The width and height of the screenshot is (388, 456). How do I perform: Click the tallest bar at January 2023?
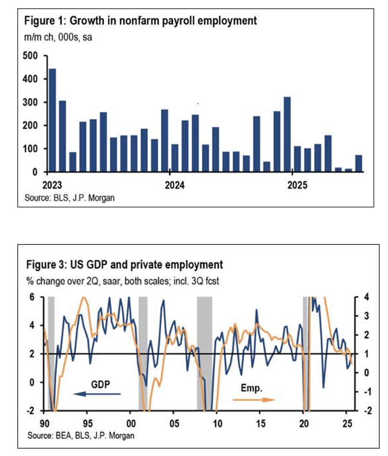coord(52,120)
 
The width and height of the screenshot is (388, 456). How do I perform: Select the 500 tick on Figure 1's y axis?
coord(30,56)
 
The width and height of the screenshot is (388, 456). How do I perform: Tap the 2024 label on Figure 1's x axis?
coord(175,185)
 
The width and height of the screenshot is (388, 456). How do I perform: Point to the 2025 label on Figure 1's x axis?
coord(297,185)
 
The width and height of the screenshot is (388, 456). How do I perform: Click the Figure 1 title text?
coord(141,21)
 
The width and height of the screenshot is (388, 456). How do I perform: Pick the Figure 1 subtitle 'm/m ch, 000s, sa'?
coord(58,37)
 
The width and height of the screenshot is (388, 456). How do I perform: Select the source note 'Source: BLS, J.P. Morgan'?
coord(69,197)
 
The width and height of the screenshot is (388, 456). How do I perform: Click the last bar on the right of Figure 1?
coord(358,163)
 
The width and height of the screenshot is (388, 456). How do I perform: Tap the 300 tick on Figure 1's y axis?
coord(30,102)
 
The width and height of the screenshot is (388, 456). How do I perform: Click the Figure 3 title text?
coord(125,265)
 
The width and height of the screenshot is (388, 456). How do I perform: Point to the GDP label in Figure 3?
coord(100,384)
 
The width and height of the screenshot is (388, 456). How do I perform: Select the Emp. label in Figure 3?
coord(252,388)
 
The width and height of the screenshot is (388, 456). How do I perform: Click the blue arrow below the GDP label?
coord(97,394)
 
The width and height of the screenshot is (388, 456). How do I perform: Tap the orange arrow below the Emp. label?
coord(254,400)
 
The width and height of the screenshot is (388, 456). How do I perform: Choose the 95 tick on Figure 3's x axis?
coord(88,423)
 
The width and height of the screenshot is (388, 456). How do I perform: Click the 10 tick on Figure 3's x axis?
coord(217,423)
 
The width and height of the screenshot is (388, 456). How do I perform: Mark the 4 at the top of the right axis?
coord(366,297)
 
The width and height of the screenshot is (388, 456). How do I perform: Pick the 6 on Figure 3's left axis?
coord(32,297)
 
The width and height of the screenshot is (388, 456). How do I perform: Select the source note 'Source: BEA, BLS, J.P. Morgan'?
coord(81,436)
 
